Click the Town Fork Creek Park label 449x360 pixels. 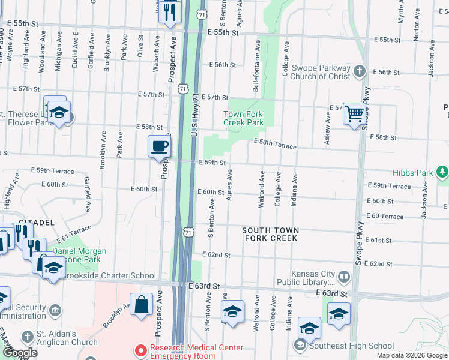[244, 118]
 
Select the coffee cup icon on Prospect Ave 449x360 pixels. [160, 146]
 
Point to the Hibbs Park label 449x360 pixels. [413, 173]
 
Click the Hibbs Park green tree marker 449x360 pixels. [442, 172]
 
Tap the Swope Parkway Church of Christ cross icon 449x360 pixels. [360, 72]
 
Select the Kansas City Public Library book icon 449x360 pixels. [344, 277]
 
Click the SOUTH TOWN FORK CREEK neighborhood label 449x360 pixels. [270, 234]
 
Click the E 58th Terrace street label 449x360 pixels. [275, 142]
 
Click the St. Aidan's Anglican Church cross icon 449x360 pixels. [26, 337]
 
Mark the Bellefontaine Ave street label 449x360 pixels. [256, 67]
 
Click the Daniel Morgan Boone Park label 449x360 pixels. [80, 256]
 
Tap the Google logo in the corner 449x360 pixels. [20, 353]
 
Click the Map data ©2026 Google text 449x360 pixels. [411, 355]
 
